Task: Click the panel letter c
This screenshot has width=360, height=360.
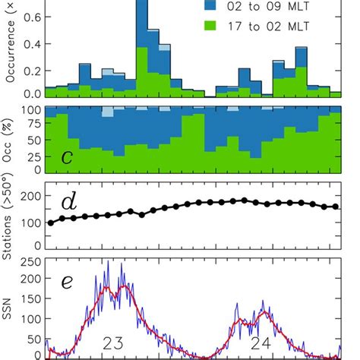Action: coord(67,157)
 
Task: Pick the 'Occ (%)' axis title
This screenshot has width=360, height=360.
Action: coord(8,139)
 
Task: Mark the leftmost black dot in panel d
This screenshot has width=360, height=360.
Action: coord(51,223)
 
